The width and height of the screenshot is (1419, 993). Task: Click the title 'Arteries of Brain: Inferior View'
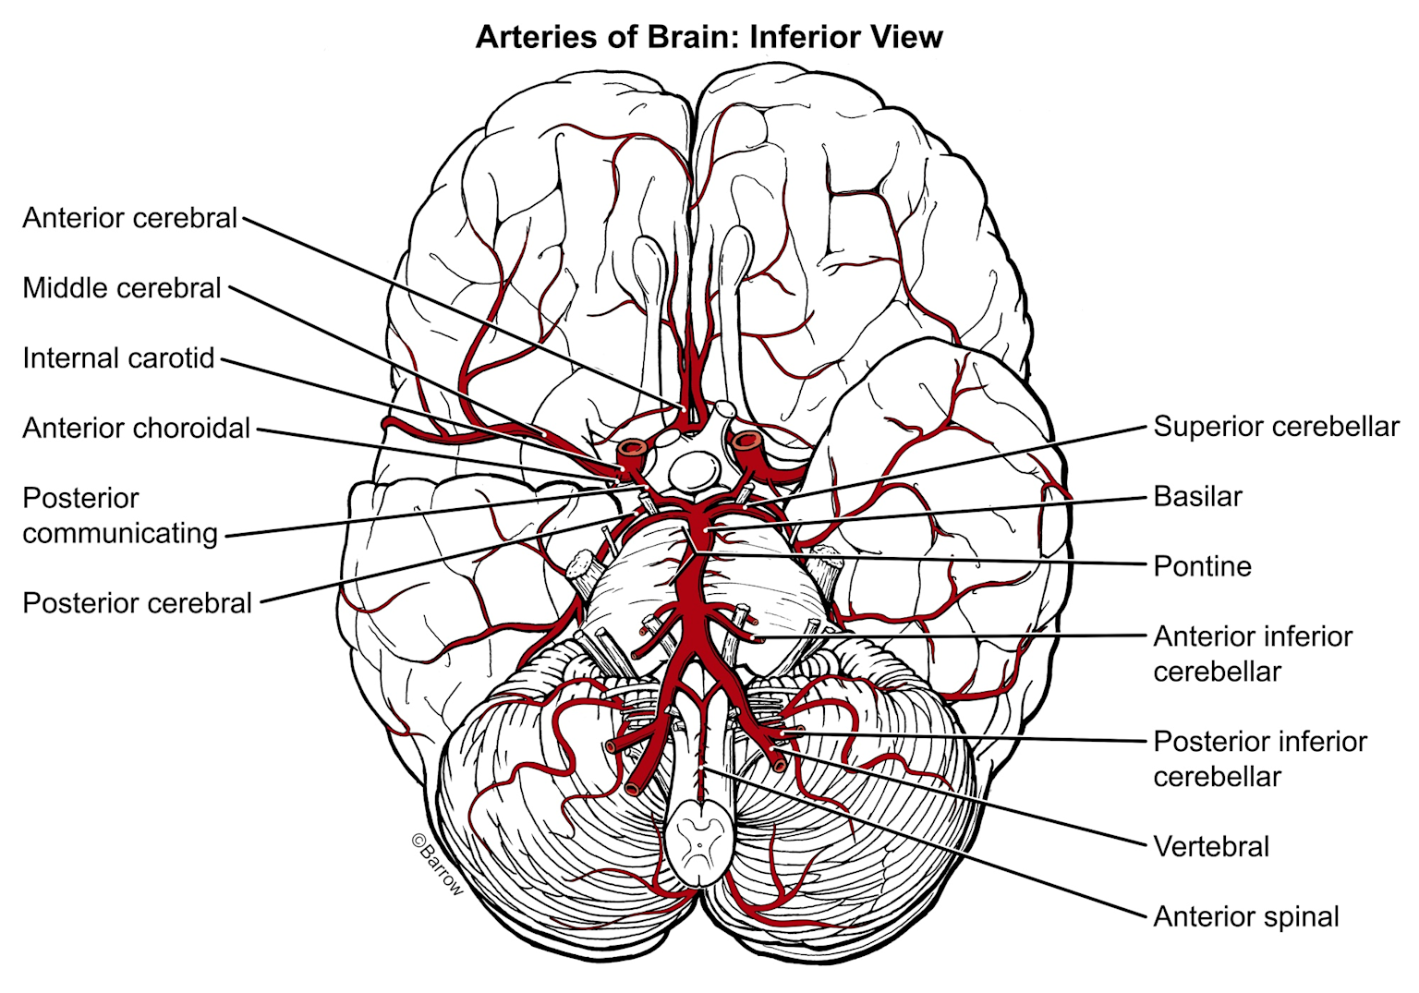pyautogui.click(x=709, y=37)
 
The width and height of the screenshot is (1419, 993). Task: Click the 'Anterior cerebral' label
pyautogui.click(x=130, y=218)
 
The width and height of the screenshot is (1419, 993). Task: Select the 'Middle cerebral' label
pyautogui.click(x=122, y=288)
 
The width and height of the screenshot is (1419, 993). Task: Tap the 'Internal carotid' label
pyautogui.click(x=118, y=358)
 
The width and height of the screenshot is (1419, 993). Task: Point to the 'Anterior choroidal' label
pyautogui.click(x=137, y=429)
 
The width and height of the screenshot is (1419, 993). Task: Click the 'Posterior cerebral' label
pyautogui.click(x=138, y=603)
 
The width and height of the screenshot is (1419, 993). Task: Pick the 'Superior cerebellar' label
pyautogui.click(x=1276, y=427)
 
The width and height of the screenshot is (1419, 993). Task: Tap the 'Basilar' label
pyautogui.click(x=1197, y=497)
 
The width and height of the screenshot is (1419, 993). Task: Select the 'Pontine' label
pyautogui.click(x=1202, y=566)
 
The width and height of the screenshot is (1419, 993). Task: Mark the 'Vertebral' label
pyautogui.click(x=1211, y=846)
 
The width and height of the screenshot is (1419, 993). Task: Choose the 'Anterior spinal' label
pyautogui.click(x=1246, y=916)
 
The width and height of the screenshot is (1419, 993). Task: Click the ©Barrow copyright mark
pyautogui.click(x=436, y=865)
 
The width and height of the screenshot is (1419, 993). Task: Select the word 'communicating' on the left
pyautogui.click(x=120, y=533)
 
